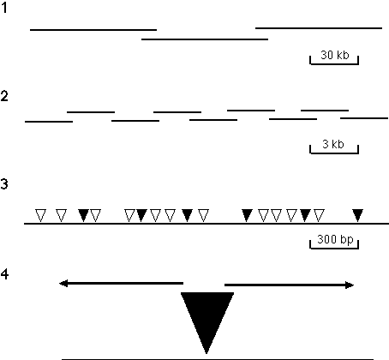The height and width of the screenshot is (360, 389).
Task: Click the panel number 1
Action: pyautogui.click(x=4, y=8)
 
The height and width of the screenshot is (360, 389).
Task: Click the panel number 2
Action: pyautogui.click(x=4, y=96)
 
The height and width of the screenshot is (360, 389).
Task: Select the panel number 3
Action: pyautogui.click(x=4, y=183)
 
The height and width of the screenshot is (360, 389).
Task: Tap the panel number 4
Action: pyautogui.click(x=4, y=274)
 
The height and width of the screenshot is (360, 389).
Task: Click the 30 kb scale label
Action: pyautogui.click(x=335, y=55)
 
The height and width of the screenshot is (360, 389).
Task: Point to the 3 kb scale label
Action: pyautogui.click(x=333, y=144)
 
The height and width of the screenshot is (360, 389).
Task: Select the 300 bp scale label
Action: pyautogui.click(x=335, y=239)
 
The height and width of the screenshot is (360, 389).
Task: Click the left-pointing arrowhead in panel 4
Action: pyautogui.click(x=63, y=284)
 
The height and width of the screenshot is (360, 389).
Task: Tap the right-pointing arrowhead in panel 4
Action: pyautogui.click(x=350, y=285)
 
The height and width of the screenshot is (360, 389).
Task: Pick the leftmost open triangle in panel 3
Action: pyautogui.click(x=40, y=215)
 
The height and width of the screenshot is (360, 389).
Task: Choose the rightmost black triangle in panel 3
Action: pyautogui.click(x=357, y=215)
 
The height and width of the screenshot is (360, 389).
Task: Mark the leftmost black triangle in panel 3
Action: pyautogui.click(x=83, y=215)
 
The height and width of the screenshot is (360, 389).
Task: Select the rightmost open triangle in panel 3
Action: pyautogui.click(x=319, y=215)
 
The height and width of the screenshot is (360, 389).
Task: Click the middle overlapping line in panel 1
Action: pyautogui.click(x=205, y=39)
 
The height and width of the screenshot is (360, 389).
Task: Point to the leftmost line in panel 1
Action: pyautogui.click(x=93, y=30)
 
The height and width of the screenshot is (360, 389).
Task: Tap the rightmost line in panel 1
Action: pyautogui.click(x=319, y=28)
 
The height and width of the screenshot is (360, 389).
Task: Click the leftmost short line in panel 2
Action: pyautogui.click(x=49, y=122)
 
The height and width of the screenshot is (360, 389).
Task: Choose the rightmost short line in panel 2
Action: pyautogui.click(x=364, y=118)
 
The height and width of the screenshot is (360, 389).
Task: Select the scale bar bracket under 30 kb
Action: pyautogui.click(x=334, y=63)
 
